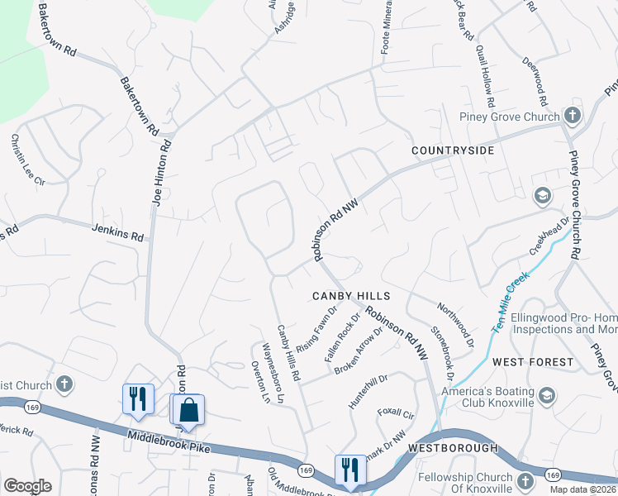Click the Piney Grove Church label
[x=510, y=117]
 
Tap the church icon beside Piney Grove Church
[x=572, y=116]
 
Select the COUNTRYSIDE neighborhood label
[x=453, y=150]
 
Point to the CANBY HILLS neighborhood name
[x=350, y=295]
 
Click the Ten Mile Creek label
[x=511, y=297]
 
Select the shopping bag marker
[x=189, y=410]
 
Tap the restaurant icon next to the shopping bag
[x=138, y=399]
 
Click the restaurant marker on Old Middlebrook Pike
[x=350, y=470]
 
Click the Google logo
[x=27, y=486]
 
